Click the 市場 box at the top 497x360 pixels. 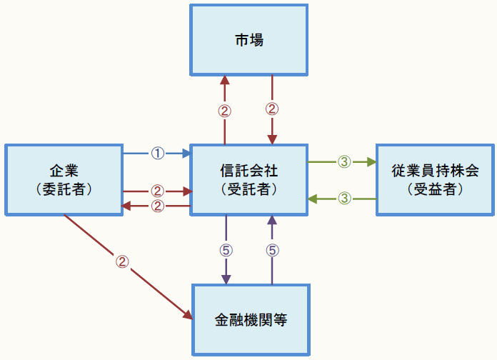(248, 40)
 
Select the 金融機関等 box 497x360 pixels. (251, 319)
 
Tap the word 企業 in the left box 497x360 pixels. (64, 171)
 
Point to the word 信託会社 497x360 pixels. (248, 171)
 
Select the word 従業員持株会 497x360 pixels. (434, 171)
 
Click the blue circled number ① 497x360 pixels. (157, 153)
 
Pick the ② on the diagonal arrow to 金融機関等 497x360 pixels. (122, 261)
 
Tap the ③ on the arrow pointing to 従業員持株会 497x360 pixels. (343, 162)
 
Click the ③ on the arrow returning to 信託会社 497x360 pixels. (343, 198)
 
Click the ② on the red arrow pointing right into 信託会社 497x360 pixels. (157, 191)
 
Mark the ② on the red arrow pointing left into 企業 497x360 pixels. (157, 206)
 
